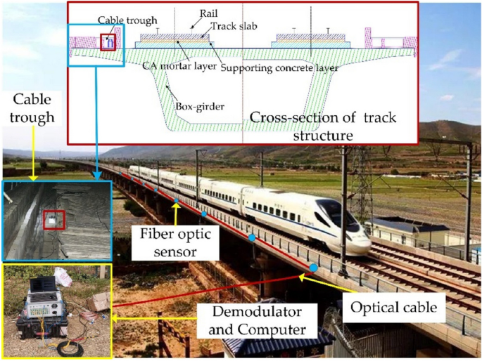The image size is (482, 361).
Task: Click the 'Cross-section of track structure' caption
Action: (323, 126)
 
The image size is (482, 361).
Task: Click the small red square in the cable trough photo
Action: (53, 220)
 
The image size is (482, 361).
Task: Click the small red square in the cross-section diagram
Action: (108, 42)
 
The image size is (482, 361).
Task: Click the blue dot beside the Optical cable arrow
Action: (314, 268)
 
